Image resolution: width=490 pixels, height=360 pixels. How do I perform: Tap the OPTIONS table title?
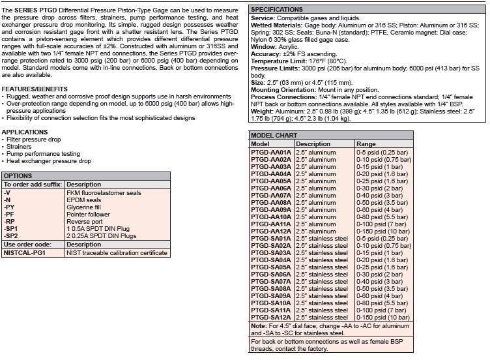(18, 176)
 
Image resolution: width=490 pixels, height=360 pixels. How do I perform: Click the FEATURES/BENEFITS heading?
(34, 89)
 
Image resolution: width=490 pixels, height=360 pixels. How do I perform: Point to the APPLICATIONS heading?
(24, 132)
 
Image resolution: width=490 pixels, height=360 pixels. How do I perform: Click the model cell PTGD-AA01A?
(270, 152)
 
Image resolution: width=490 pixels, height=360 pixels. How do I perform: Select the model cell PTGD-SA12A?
(270, 317)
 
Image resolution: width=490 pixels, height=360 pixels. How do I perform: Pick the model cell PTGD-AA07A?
(270, 196)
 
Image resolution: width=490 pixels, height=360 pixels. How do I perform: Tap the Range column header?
(366, 144)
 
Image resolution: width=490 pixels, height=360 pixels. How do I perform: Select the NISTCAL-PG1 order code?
(24, 253)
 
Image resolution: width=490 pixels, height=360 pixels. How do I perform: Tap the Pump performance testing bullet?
(43, 154)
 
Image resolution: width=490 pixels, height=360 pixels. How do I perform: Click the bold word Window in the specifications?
(263, 47)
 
